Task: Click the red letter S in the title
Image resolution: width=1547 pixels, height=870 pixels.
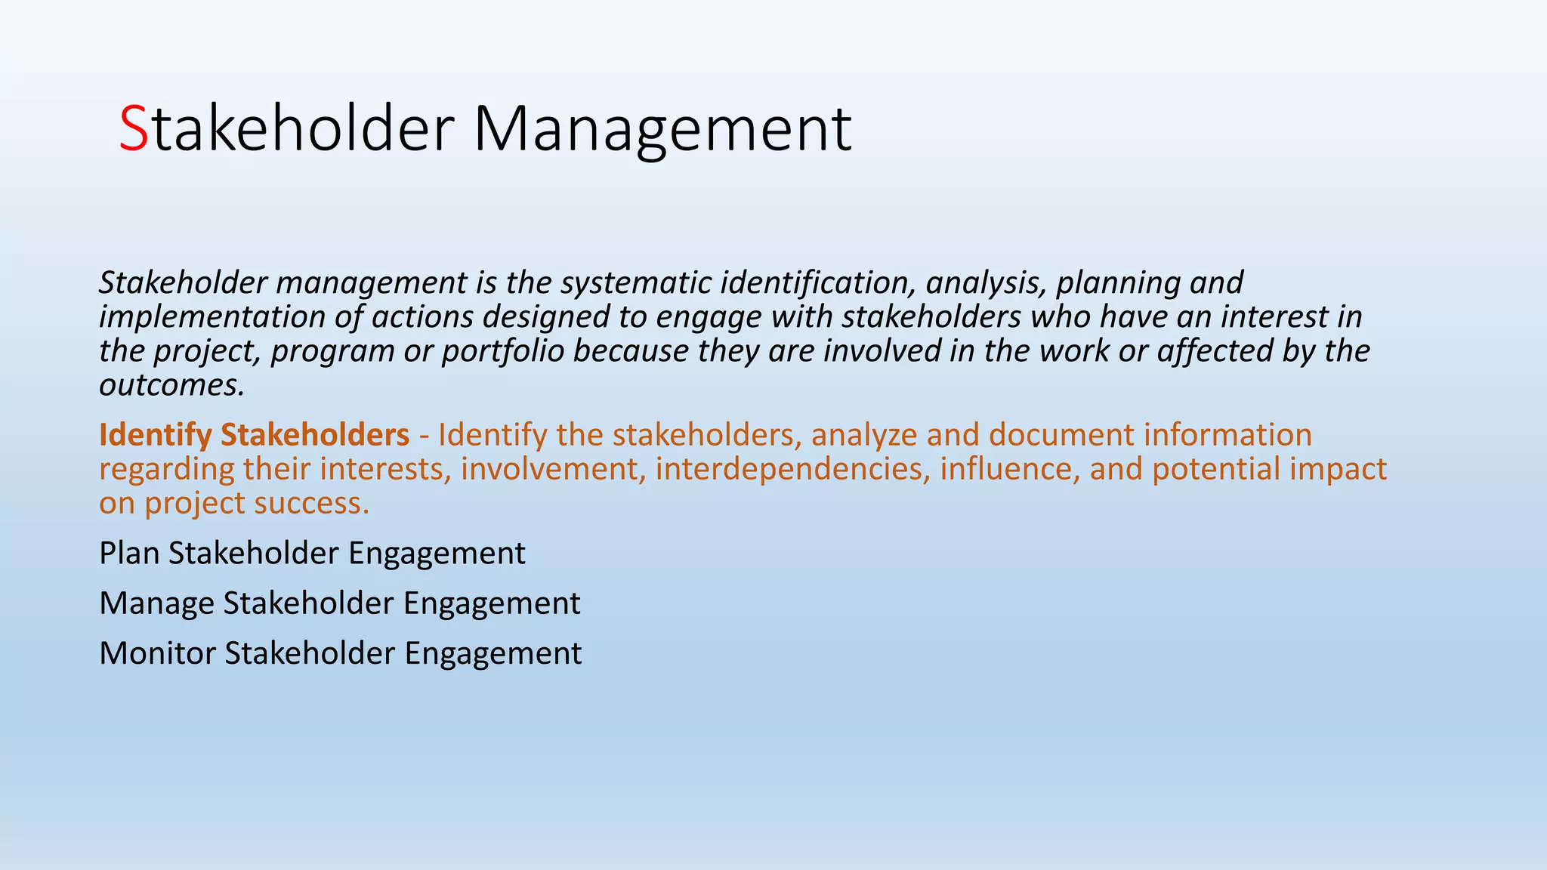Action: tap(134, 129)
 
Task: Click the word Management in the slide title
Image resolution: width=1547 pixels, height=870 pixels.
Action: tap(662, 129)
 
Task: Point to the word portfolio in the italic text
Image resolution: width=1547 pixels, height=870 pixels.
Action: tap(503, 350)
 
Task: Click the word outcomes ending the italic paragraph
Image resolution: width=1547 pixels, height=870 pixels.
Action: tap(171, 385)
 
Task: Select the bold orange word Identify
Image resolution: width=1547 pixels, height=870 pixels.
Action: tap(156, 435)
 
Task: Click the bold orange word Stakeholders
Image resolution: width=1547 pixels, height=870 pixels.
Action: tap(315, 435)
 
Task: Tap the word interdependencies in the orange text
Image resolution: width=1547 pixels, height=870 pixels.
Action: tap(792, 469)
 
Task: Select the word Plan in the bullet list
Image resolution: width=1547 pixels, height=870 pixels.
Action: tap(129, 554)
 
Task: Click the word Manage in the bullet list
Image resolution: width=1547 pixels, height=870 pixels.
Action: tap(156, 603)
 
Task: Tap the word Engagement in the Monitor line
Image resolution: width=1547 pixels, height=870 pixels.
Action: tap(493, 653)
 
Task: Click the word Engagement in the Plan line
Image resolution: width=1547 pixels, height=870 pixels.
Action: tap(437, 554)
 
